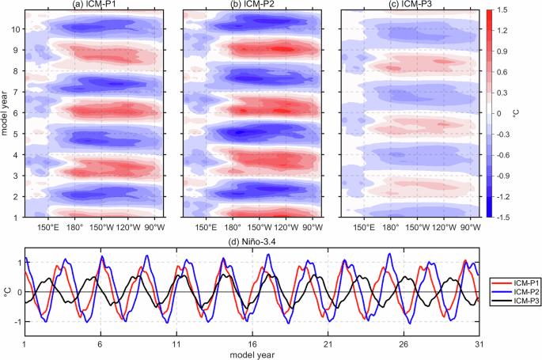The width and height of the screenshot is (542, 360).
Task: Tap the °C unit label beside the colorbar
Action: tap(527, 113)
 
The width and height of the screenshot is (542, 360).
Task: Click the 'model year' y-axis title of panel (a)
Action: tap(6, 113)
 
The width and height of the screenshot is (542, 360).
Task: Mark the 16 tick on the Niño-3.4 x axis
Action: tap(251, 345)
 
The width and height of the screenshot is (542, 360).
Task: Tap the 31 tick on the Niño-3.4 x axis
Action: tap(477, 345)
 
